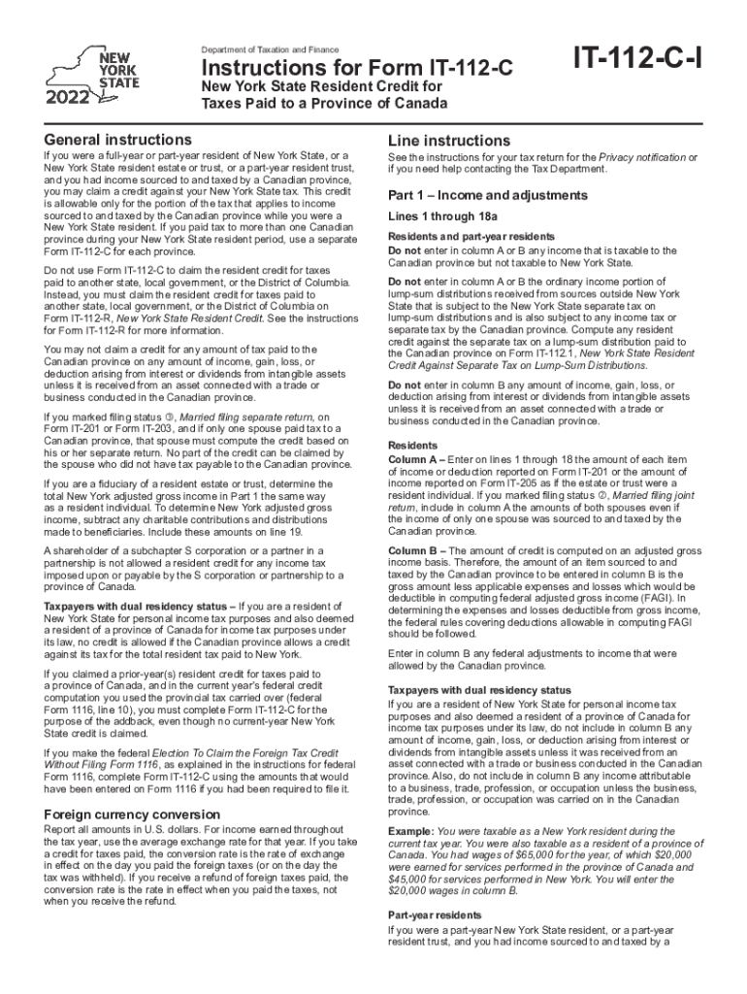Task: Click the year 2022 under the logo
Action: [66, 97]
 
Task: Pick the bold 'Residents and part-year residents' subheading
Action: [471, 236]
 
